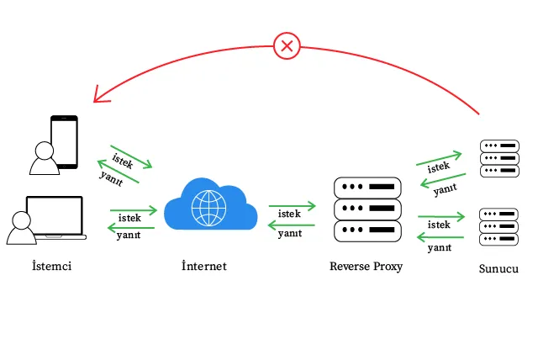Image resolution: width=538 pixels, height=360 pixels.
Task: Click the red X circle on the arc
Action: pyautogui.click(x=287, y=45)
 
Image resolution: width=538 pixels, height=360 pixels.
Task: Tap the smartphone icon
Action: pyautogui.click(x=64, y=141)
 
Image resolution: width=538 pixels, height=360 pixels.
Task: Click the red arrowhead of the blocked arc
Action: pyautogui.click(x=98, y=95)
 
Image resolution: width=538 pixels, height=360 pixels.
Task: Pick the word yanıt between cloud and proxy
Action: pyautogui.click(x=290, y=233)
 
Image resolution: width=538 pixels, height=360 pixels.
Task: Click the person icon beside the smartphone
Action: pyautogui.click(x=41, y=157)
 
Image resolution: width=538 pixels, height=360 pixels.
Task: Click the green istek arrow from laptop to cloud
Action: pyautogui.click(x=133, y=209)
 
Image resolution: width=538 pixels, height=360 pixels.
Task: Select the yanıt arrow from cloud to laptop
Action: pyautogui.click(x=132, y=227)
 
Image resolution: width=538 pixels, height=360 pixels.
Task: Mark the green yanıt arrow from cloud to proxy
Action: pyautogui.click(x=292, y=225)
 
